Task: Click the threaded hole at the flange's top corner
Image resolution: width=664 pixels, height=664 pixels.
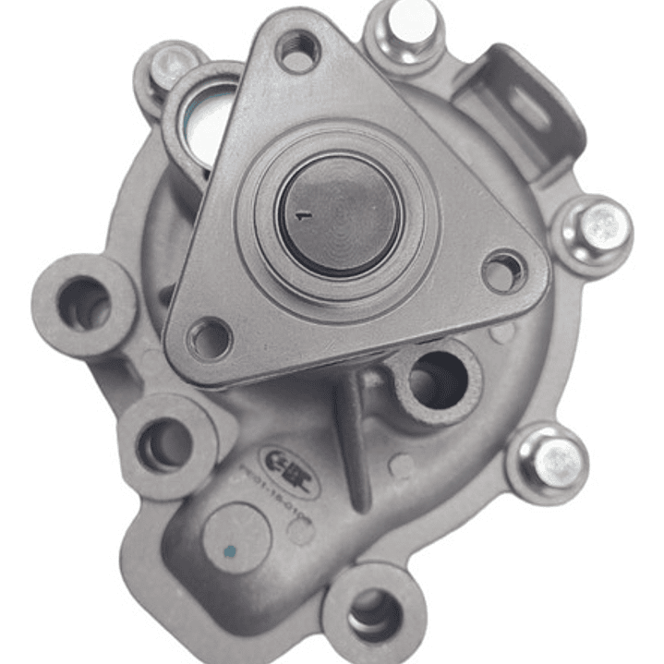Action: click(297, 51)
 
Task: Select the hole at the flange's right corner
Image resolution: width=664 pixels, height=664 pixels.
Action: click(503, 272)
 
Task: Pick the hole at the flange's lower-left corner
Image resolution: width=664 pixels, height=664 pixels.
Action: click(210, 338)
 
